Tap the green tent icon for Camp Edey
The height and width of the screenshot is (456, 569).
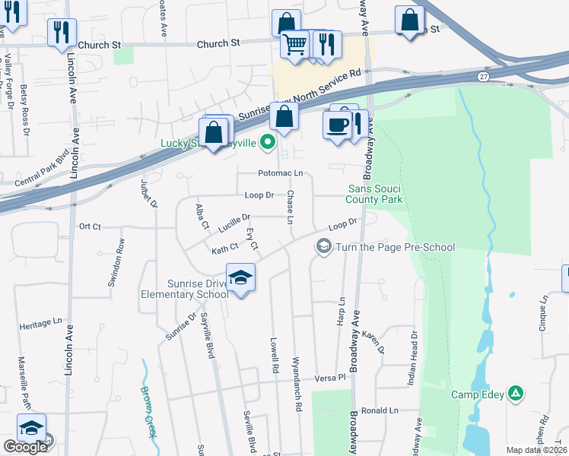pyautogui.click(x=516, y=393)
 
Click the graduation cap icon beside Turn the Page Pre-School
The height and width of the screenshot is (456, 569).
pyautogui.click(x=323, y=246)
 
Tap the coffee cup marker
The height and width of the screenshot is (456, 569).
pyautogui.click(x=336, y=125)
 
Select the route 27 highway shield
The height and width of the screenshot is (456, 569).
pyautogui.click(x=484, y=77)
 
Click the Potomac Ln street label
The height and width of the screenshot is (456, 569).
pyautogui.click(x=280, y=173)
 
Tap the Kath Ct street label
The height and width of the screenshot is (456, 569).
pyautogui.click(x=225, y=248)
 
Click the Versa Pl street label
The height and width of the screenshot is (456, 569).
pyautogui.click(x=331, y=377)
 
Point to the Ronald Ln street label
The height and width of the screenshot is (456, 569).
pyautogui.click(x=380, y=410)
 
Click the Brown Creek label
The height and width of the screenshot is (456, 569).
pyautogui.click(x=148, y=411)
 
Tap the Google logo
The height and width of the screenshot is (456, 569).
pyautogui.click(x=25, y=446)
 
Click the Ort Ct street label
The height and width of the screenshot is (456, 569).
pyautogui.click(x=90, y=226)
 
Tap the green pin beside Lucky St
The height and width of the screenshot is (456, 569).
pyautogui.click(x=267, y=141)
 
